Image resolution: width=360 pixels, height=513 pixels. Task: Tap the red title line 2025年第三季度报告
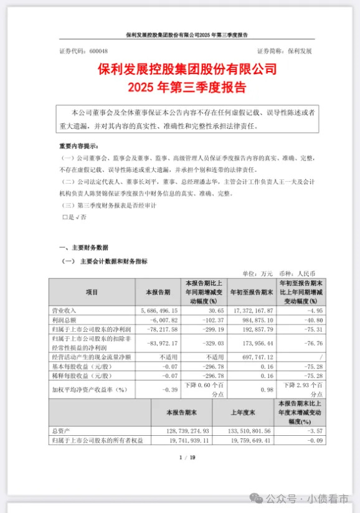[179, 86]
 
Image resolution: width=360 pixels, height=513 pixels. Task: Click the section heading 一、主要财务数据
[84, 247]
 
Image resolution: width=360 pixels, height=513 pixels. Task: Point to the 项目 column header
[92, 291]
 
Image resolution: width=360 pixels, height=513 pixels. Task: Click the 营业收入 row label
[65, 309]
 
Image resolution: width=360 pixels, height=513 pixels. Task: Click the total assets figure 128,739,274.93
[184, 431]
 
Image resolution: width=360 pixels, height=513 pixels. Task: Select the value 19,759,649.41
[246, 440]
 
